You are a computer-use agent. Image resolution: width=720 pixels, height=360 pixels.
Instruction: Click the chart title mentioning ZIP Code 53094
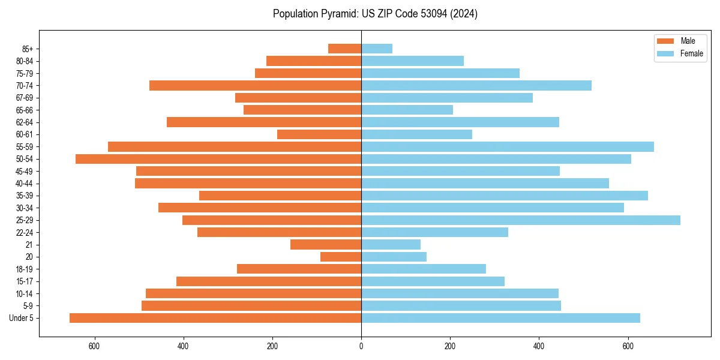click(375, 14)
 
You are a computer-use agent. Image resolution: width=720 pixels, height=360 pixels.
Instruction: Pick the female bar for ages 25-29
click(521, 220)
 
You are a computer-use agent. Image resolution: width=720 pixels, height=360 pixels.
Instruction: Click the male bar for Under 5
click(215, 318)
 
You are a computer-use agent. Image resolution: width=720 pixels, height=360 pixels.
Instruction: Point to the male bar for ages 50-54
click(218, 159)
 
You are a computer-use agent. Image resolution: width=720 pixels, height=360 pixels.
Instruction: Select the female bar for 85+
click(377, 49)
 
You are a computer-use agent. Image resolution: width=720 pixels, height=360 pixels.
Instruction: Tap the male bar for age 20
click(341, 257)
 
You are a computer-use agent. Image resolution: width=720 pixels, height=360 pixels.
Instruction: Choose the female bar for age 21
click(391, 245)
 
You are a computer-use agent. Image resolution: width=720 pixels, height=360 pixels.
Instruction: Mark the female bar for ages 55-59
click(508, 147)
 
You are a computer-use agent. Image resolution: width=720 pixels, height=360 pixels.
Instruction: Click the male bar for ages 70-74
click(255, 86)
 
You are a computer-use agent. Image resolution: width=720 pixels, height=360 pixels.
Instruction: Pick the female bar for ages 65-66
click(407, 110)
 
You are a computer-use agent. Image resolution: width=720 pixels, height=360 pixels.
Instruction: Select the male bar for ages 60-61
click(319, 134)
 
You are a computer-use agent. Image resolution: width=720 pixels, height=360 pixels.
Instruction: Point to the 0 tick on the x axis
click(361, 346)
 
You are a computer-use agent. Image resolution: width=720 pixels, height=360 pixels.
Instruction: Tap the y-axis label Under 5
click(22, 318)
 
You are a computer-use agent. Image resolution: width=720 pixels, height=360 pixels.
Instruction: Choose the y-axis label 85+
click(27, 49)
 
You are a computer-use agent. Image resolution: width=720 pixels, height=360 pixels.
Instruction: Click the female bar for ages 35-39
click(505, 196)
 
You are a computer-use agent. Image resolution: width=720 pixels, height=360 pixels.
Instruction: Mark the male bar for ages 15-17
click(269, 281)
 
